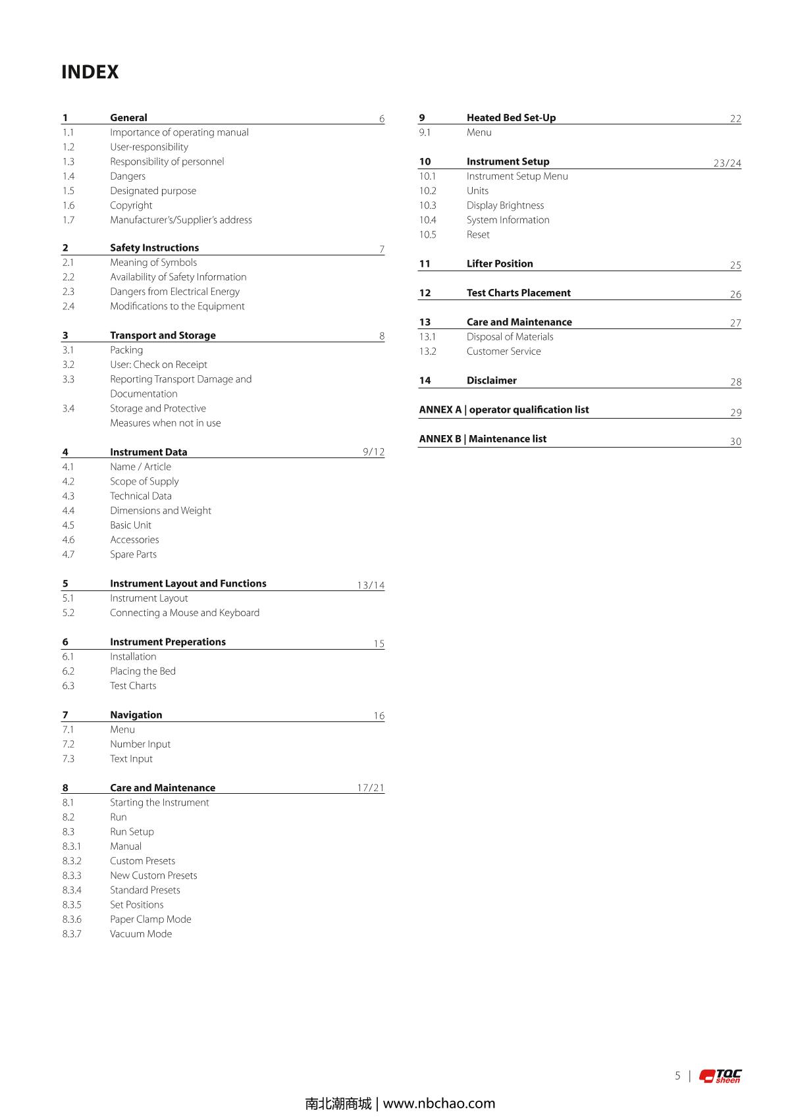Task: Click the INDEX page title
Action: tap(90, 72)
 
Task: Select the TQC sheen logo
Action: tap(720, 1076)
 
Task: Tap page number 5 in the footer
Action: tap(677, 1076)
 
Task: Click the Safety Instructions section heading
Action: tap(154, 247)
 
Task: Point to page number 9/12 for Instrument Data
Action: tap(373, 452)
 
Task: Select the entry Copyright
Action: tap(131, 205)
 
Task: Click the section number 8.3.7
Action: tap(72, 934)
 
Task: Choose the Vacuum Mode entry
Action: tap(141, 934)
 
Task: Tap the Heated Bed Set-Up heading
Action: tap(511, 118)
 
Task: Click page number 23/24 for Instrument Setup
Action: tap(727, 163)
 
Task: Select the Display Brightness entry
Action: tap(505, 205)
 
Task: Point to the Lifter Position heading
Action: tap(500, 264)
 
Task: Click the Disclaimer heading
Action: tap(491, 380)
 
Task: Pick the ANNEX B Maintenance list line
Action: tap(483, 439)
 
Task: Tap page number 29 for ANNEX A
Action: tap(735, 413)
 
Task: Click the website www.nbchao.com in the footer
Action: tap(439, 1103)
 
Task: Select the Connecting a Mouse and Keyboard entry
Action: tap(184, 613)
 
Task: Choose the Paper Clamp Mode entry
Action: tap(151, 920)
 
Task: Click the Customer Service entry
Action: tap(504, 351)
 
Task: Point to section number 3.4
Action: tap(68, 409)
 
